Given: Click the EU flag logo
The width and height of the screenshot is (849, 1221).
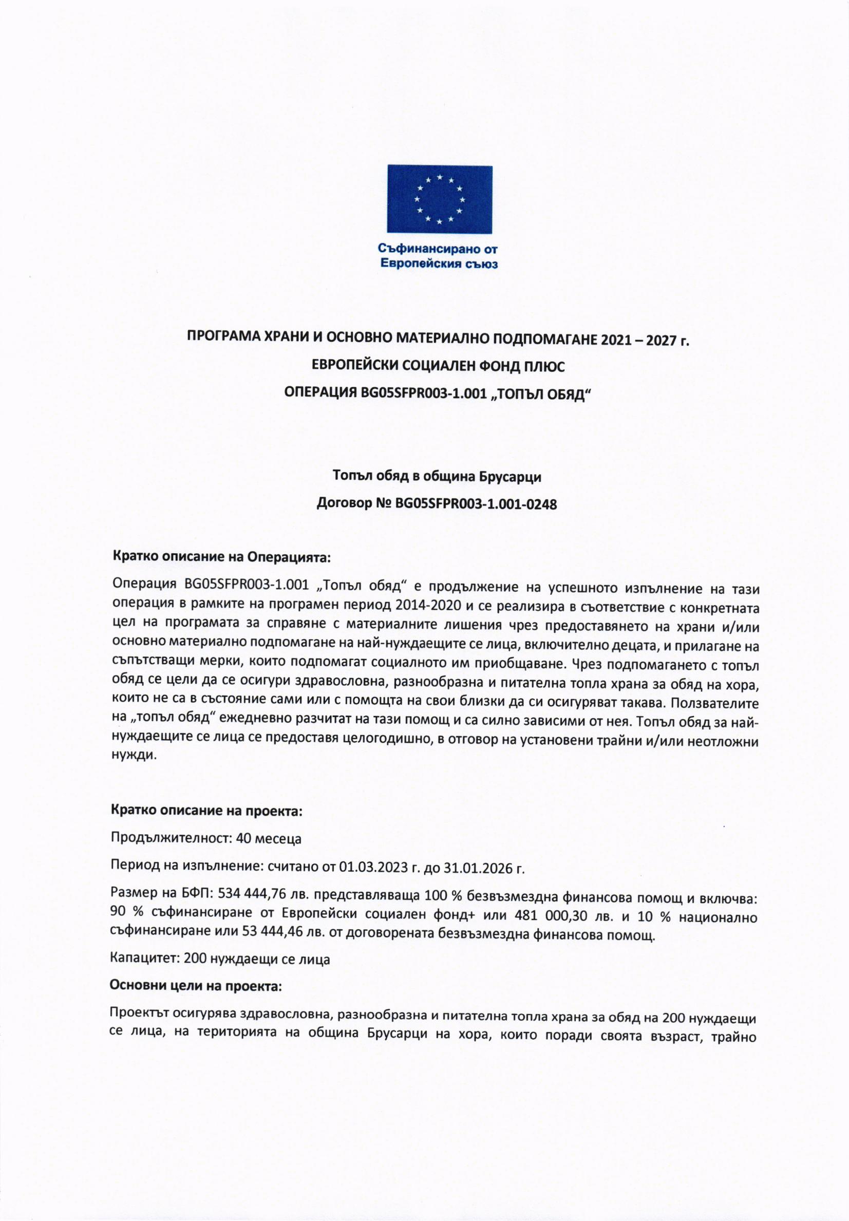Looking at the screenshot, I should (439, 199).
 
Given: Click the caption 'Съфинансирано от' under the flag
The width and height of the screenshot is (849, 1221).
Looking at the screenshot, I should (438, 248).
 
